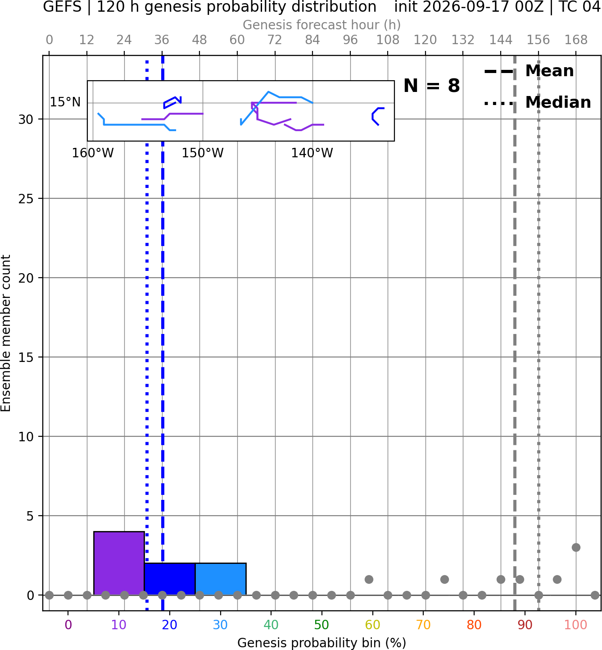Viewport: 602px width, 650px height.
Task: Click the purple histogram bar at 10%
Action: tap(119, 563)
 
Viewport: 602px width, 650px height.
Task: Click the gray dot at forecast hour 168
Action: tap(576, 548)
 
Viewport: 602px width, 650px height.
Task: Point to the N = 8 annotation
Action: tap(432, 86)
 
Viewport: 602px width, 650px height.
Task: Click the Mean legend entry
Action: tap(529, 71)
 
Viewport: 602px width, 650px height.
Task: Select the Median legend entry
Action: tap(537, 102)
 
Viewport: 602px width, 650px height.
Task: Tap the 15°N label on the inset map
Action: tap(65, 102)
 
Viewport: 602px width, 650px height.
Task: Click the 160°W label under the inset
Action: tap(93, 153)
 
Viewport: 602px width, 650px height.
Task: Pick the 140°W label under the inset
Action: tap(312, 153)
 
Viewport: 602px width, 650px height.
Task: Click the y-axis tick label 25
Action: tap(26, 199)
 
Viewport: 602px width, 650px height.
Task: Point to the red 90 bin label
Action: tap(525, 625)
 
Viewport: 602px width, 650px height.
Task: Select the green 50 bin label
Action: tap(322, 625)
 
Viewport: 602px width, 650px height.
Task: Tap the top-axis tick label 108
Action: tap(388, 40)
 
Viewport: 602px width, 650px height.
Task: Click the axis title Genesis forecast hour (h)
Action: tap(322, 25)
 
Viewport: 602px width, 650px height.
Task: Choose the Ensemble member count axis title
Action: tap(6, 333)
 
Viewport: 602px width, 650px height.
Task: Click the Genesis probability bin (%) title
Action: tap(322, 643)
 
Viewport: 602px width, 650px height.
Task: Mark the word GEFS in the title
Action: tap(62, 7)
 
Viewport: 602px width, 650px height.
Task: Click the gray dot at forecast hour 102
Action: tap(369, 579)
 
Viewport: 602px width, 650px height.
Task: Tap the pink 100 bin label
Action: tap(576, 625)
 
